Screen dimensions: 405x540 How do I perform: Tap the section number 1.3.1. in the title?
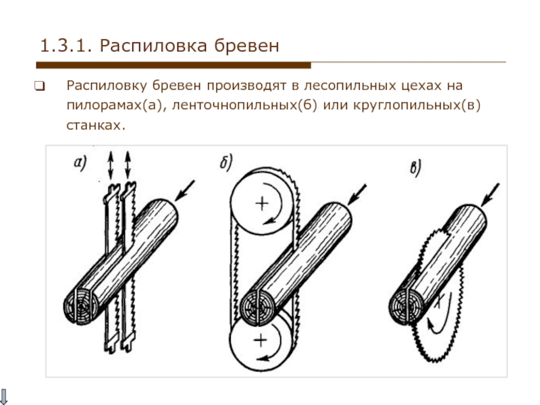click(x=66, y=47)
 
